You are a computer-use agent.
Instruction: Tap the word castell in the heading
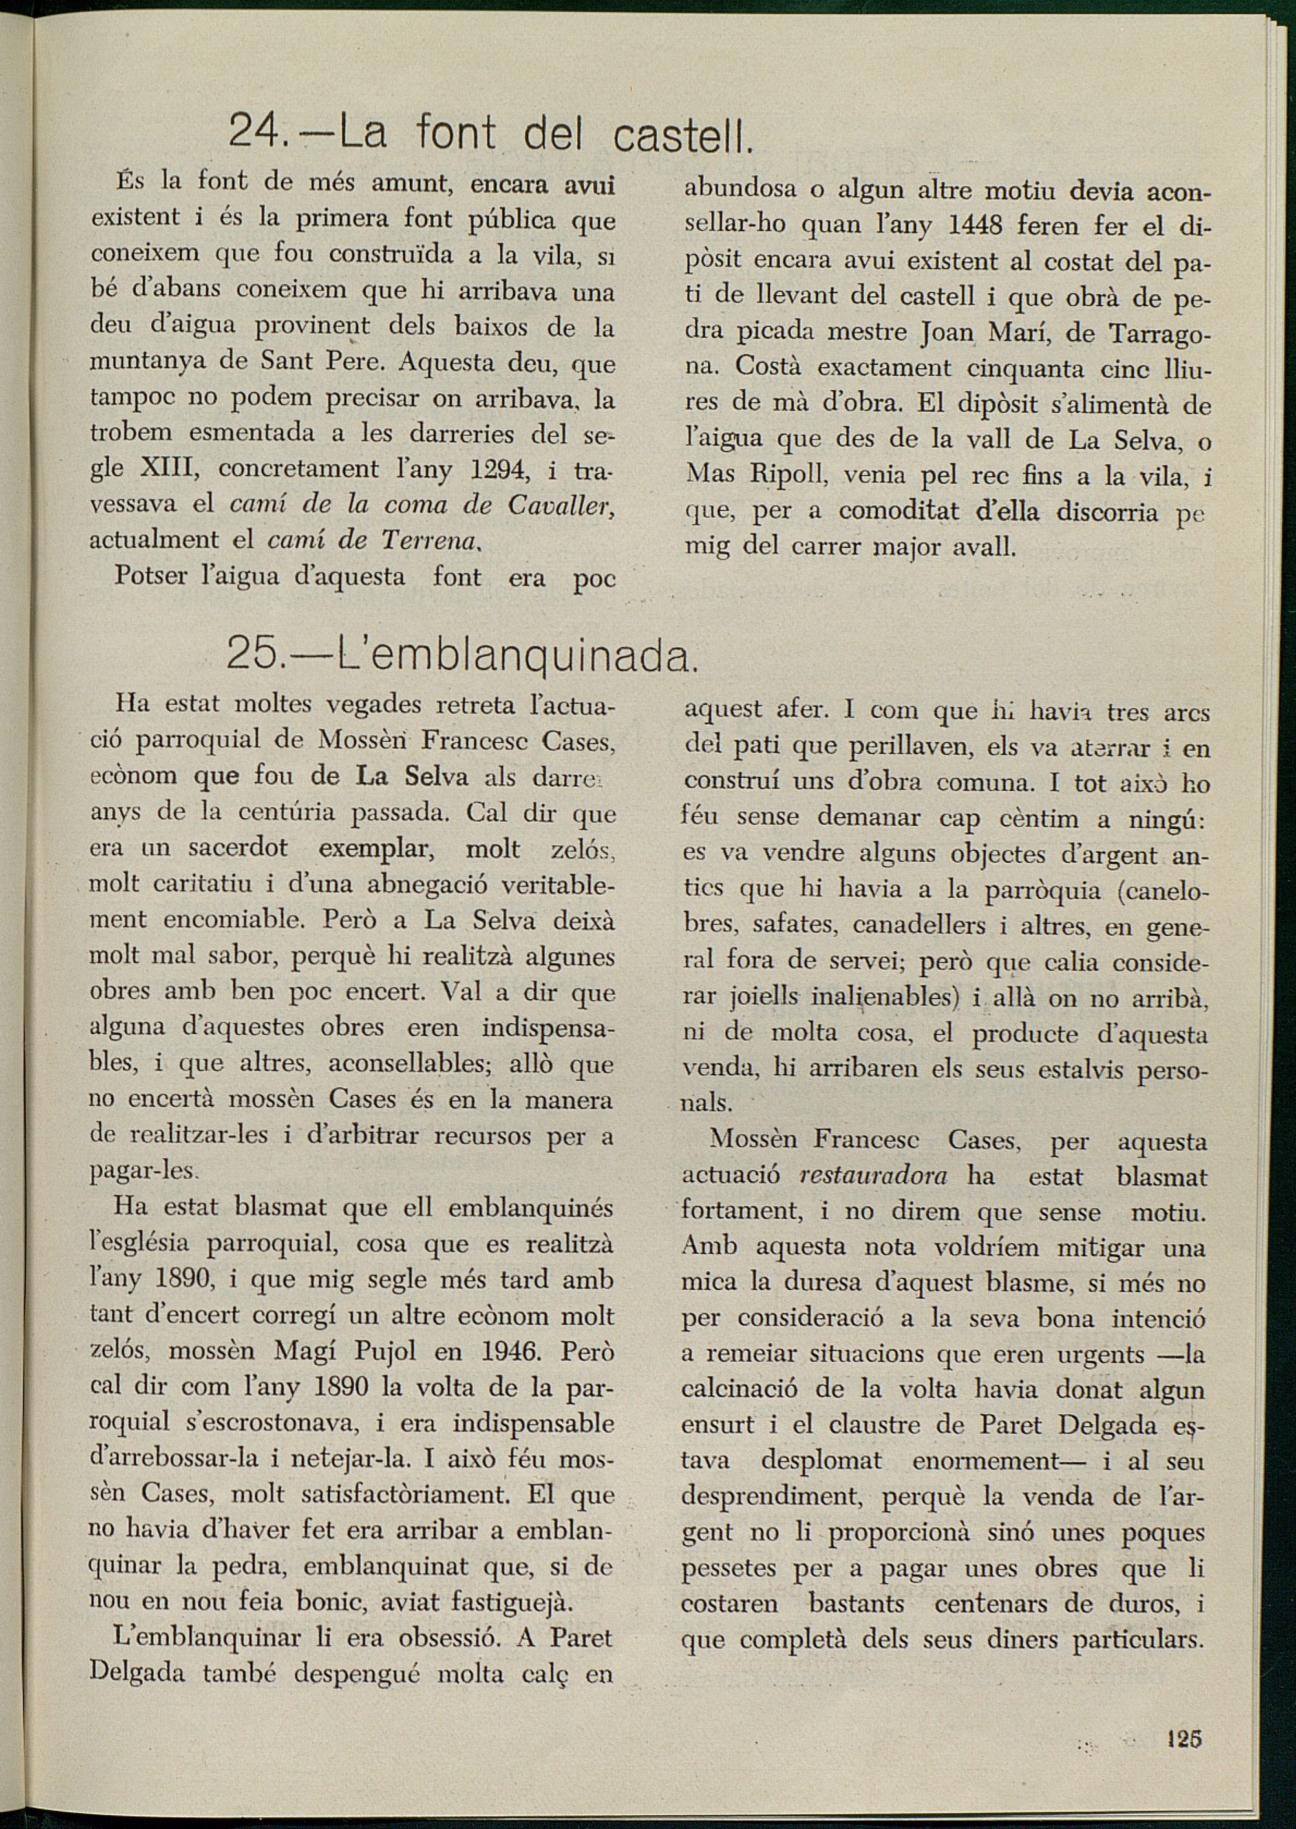click(683, 136)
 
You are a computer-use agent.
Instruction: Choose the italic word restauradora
click(873, 1175)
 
